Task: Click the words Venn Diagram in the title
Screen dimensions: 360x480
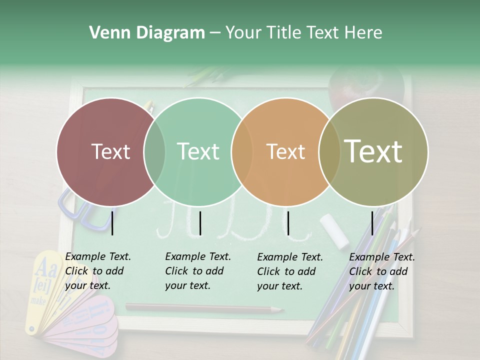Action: point(147,33)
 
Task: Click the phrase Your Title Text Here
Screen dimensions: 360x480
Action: point(303,33)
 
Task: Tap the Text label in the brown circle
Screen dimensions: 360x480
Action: point(110,151)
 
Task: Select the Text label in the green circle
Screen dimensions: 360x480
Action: point(198,151)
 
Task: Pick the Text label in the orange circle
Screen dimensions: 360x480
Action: point(285,151)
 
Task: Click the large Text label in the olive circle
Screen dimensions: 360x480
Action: point(373,151)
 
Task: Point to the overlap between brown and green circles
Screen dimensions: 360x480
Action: point(154,151)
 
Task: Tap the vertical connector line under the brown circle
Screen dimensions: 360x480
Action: point(112,223)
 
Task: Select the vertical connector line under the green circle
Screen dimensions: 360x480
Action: point(200,223)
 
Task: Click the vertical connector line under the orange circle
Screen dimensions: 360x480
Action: point(288,223)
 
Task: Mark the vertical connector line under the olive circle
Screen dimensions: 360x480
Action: point(372,223)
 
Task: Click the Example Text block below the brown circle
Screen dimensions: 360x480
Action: point(98,271)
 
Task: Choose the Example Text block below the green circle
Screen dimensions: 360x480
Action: point(198,271)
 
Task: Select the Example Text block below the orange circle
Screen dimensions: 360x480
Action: point(290,271)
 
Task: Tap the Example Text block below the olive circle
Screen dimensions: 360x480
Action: point(382,271)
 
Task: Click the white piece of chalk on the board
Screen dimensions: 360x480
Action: point(334,230)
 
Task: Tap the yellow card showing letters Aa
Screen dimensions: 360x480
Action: point(43,280)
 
